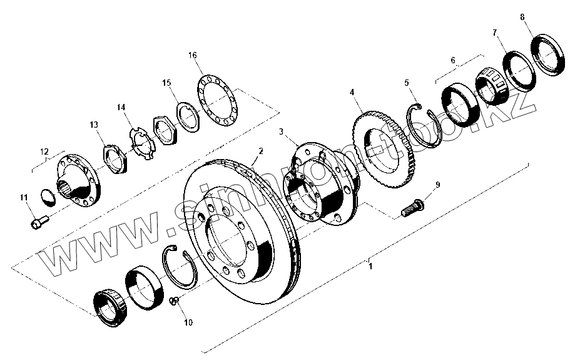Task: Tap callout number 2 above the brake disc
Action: click(x=260, y=152)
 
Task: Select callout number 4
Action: click(x=352, y=91)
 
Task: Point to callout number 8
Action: click(x=522, y=17)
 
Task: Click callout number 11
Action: click(x=24, y=198)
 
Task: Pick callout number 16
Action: click(x=193, y=55)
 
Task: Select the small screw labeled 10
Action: click(x=176, y=302)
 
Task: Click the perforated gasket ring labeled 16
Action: click(x=216, y=101)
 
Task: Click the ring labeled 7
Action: click(x=517, y=68)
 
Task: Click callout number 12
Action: click(x=44, y=152)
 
